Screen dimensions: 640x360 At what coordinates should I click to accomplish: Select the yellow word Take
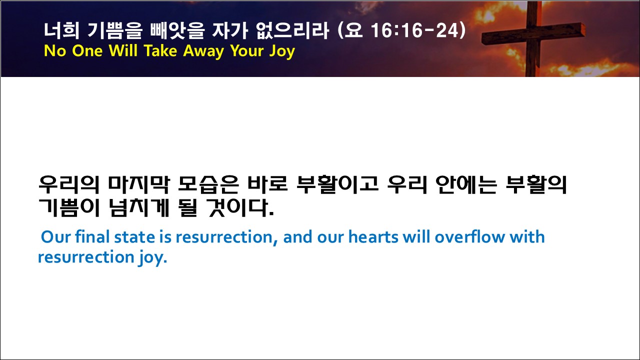[160, 51]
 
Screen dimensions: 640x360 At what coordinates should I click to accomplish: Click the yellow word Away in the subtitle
[203, 51]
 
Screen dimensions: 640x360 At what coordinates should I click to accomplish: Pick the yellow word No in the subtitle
[55, 51]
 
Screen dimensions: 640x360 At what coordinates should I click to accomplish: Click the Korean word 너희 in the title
[61, 30]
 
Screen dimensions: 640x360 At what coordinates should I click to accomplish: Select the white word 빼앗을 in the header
[177, 30]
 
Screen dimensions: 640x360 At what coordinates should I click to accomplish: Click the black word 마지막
[139, 184]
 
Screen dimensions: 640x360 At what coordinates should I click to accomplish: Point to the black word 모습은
[208, 184]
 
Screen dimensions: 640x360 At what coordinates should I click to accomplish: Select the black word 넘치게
[139, 207]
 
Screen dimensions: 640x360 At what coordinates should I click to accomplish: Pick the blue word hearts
[373, 237]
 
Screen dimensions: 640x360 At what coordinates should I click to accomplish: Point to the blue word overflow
[469, 237]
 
